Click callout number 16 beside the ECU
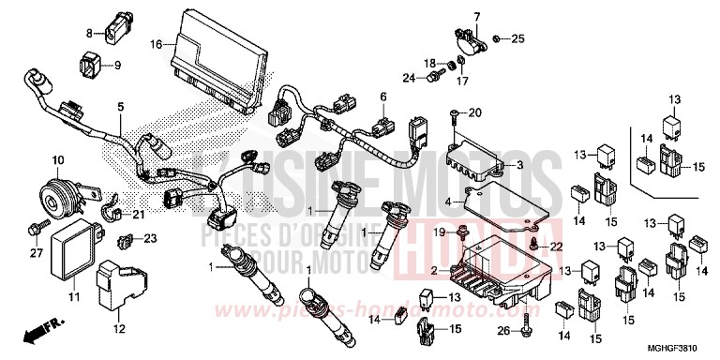pyautogui.click(x=157, y=43)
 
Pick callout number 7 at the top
pyautogui.click(x=475, y=17)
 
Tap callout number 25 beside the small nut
pyautogui.click(x=518, y=38)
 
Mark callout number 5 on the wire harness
pyautogui.click(x=120, y=108)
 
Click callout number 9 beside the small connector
pyautogui.click(x=118, y=66)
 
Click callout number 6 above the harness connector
pyautogui.click(x=382, y=97)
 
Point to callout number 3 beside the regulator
pyautogui.click(x=547, y=166)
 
